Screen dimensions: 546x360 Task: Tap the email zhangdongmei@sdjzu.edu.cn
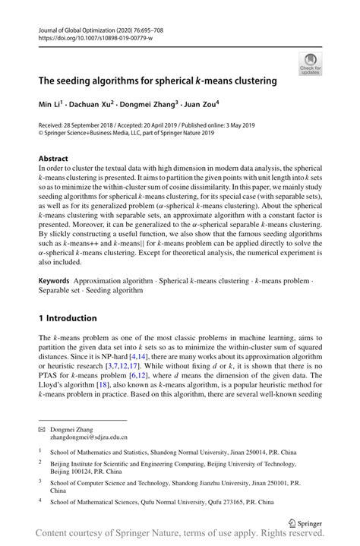coord(88,437)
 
